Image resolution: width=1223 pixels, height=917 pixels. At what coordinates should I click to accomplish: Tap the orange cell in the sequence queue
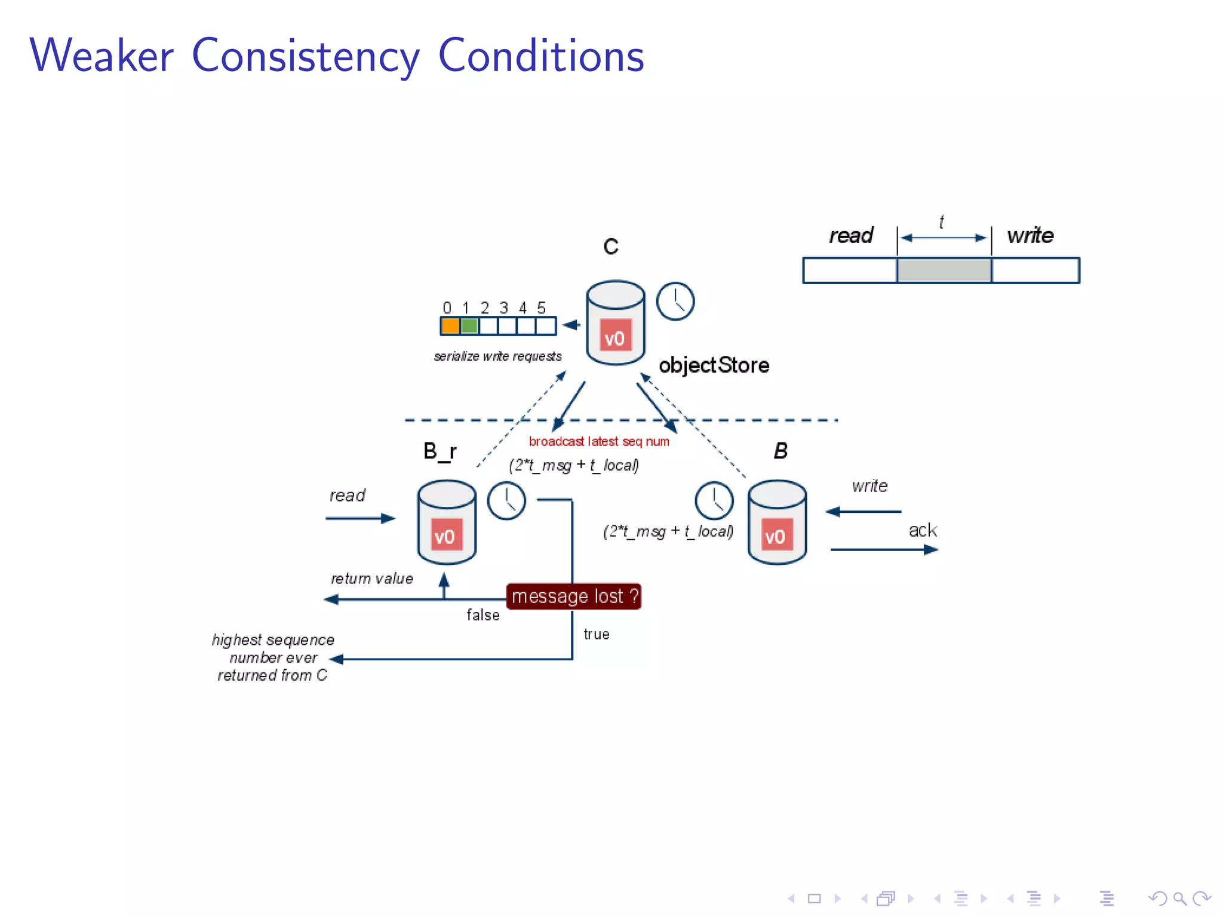450,326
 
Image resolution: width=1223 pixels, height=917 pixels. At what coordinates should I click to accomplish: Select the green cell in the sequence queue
469,326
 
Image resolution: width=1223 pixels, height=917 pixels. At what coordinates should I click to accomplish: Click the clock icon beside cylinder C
675,301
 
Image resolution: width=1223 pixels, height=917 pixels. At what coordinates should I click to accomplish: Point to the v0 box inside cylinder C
615,338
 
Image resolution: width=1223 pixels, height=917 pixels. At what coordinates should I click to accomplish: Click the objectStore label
714,365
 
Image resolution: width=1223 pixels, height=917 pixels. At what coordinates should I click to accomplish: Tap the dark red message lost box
574,596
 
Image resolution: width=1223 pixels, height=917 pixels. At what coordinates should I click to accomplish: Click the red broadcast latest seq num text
599,441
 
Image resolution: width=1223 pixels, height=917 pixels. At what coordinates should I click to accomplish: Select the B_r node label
440,451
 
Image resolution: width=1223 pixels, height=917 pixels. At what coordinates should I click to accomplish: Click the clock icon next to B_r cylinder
506,501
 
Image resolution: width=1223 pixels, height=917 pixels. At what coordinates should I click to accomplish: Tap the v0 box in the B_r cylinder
445,536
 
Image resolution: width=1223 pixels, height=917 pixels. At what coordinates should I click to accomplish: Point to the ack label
922,530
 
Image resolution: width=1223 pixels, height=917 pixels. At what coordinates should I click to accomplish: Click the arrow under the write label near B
864,512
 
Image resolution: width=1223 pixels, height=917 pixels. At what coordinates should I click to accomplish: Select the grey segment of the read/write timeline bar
944,270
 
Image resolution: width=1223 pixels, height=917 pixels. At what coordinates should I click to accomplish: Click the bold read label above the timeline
851,235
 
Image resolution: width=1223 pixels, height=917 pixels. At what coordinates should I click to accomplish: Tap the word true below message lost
596,634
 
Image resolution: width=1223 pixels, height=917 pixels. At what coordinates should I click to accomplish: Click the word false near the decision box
483,615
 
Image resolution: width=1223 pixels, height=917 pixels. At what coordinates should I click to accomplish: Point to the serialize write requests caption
497,356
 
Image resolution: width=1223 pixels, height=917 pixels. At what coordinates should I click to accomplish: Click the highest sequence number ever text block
273,657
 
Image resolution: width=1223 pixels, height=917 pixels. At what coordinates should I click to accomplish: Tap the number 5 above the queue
541,308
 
